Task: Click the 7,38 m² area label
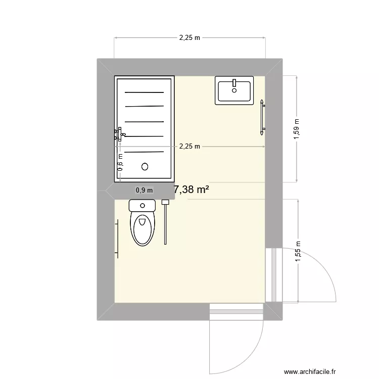coord(192,190)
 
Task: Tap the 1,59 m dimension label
coord(297,128)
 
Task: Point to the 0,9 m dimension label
coord(144,191)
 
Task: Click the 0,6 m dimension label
coord(120,163)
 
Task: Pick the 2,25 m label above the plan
coord(189,37)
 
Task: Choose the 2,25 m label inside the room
coord(190,147)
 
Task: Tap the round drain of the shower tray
coord(145,166)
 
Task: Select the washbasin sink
coord(234,91)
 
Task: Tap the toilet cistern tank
coord(142,205)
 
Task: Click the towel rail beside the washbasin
coord(262,117)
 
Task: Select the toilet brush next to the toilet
coord(165,222)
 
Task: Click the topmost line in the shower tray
coord(145,92)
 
